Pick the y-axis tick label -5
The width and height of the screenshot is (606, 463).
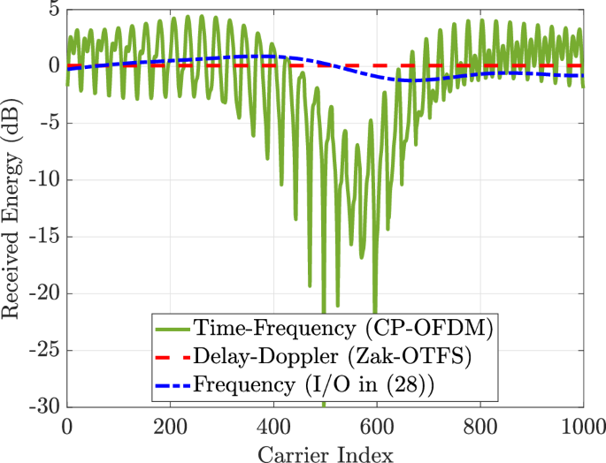(50, 124)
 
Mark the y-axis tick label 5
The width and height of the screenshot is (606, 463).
(54, 11)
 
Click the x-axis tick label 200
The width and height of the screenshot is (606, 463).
(170, 425)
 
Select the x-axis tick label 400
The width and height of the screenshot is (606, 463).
(273, 425)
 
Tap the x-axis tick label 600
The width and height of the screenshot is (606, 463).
(377, 425)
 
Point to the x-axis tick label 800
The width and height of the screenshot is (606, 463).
(480, 425)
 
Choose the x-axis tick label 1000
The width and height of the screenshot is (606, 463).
(581, 425)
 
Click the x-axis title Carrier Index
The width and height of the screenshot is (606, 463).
(326, 451)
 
